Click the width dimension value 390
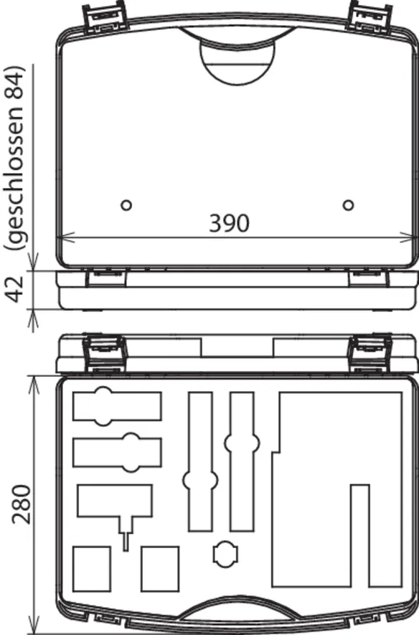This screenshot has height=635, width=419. [x=229, y=223]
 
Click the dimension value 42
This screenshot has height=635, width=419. [x=17, y=289]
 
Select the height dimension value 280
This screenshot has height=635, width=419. [x=21, y=504]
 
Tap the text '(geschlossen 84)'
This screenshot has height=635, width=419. [x=15, y=158]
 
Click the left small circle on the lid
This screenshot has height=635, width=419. [x=126, y=205]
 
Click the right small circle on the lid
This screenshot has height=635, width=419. [x=348, y=205]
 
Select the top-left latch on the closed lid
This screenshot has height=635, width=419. [x=105, y=18]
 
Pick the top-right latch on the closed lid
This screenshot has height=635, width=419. [x=370, y=17]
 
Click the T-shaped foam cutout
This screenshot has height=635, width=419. [x=115, y=502]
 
